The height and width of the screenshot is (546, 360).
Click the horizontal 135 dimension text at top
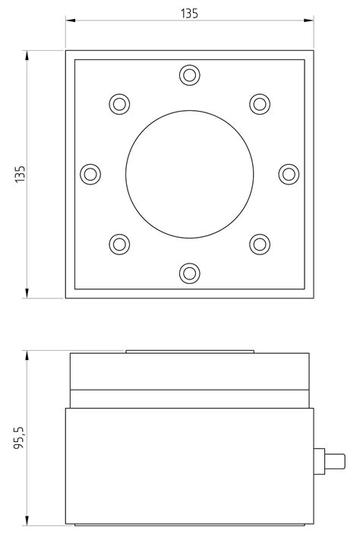pos(189,13)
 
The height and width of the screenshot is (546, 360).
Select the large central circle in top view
pos(189,174)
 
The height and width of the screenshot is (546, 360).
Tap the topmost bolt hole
pos(189,74)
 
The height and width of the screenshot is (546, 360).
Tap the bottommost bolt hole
pos(189,273)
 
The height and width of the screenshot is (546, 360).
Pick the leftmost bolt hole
pos(90,174)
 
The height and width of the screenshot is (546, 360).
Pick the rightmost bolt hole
pos(288,174)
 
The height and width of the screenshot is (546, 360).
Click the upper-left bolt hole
pos(119,103)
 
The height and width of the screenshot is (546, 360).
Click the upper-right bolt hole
pos(260,103)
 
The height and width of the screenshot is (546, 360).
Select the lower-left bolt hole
pos(119,245)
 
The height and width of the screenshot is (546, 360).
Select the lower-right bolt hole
pos(260,245)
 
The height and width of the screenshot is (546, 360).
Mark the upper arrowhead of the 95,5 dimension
pos(27,355)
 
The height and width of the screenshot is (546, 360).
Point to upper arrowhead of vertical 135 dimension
pos(27,55)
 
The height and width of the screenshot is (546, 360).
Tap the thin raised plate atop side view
pos(189,352)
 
